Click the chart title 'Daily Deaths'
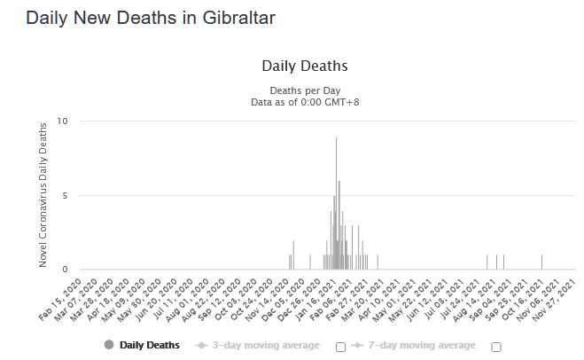[x=304, y=66]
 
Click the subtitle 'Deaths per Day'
[x=304, y=90]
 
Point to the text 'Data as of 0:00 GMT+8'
[x=304, y=103]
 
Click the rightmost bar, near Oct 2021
[x=541, y=262]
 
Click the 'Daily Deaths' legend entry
[x=150, y=345]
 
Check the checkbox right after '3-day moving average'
[x=340, y=346]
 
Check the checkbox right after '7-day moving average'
[x=496, y=346]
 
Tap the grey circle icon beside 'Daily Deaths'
[x=109, y=345]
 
